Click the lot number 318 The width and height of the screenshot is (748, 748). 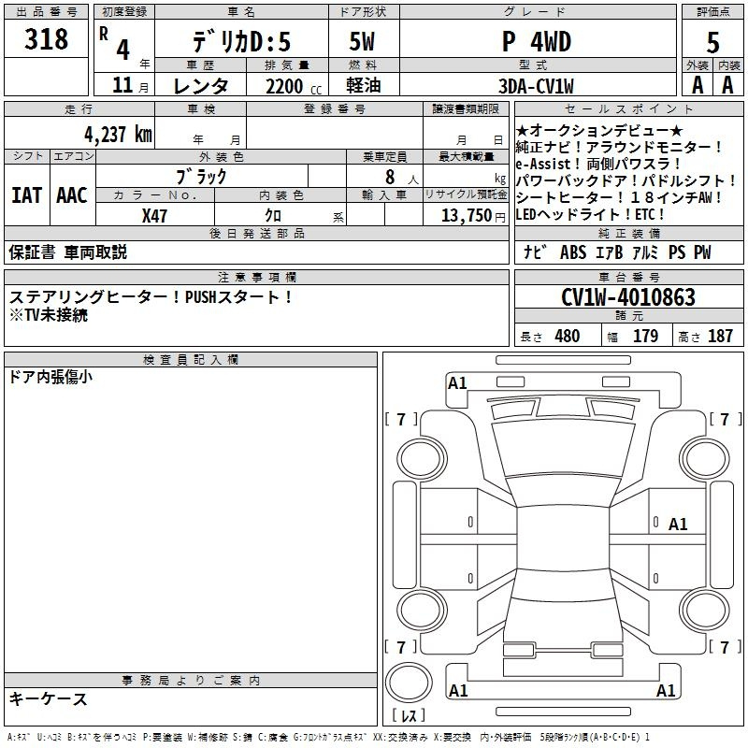[46, 38]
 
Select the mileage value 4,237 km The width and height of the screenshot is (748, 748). [119, 135]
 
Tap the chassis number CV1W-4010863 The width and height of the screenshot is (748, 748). [628, 297]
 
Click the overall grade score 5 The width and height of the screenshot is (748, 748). [712, 42]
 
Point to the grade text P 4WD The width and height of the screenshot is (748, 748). [537, 42]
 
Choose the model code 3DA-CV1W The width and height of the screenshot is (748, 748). [536, 86]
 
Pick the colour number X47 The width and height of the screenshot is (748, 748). [154, 216]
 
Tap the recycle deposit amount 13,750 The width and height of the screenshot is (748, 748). [467, 216]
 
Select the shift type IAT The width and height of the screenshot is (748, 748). [27, 195]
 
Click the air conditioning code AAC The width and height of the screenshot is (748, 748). [72, 195]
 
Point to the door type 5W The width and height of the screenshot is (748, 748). [362, 42]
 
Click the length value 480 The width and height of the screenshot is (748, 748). [568, 336]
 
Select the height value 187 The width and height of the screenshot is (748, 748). [720, 336]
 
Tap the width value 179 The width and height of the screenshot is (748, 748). [645, 336]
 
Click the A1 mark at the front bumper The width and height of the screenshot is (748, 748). [457, 383]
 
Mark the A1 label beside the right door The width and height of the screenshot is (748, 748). [678, 525]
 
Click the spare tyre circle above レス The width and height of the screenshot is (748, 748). [409, 683]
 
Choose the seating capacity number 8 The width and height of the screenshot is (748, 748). [390, 177]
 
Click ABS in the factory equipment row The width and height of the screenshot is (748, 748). [573, 252]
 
